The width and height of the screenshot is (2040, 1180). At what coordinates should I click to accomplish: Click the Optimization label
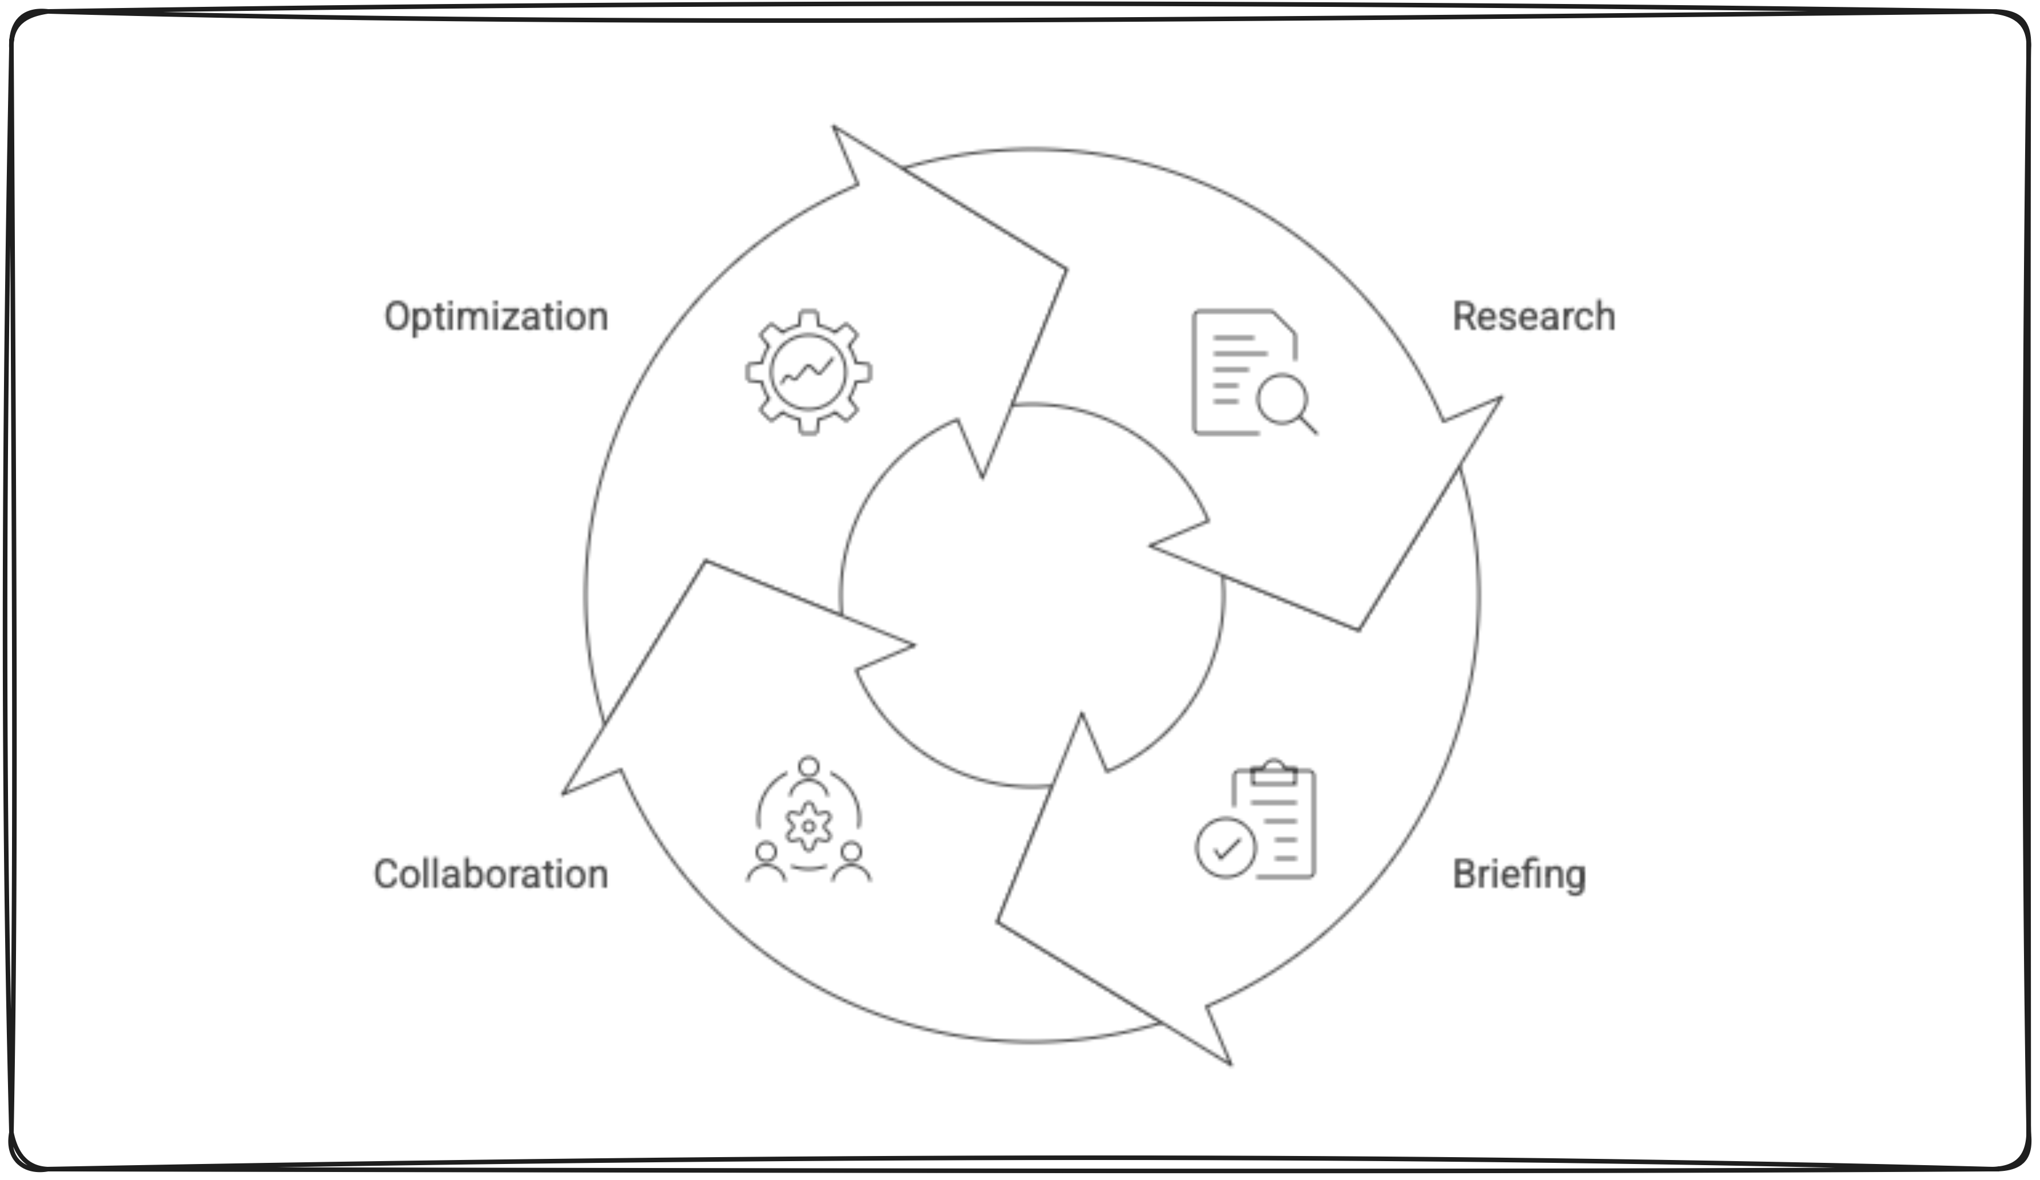[496, 317]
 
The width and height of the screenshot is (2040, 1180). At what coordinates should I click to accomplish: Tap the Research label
[1533, 317]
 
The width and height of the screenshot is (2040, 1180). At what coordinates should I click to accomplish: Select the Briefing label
[1519, 875]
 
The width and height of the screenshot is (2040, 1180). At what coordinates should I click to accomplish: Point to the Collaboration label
[491, 875]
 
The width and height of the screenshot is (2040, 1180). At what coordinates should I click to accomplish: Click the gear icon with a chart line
[808, 373]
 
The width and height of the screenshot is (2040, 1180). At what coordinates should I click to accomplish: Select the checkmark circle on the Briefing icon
[1226, 847]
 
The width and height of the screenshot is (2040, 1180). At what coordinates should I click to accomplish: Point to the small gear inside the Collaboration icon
[808, 826]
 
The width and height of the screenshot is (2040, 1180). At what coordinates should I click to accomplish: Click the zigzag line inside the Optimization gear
[806, 373]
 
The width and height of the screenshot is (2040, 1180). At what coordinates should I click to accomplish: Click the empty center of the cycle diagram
[1031, 595]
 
